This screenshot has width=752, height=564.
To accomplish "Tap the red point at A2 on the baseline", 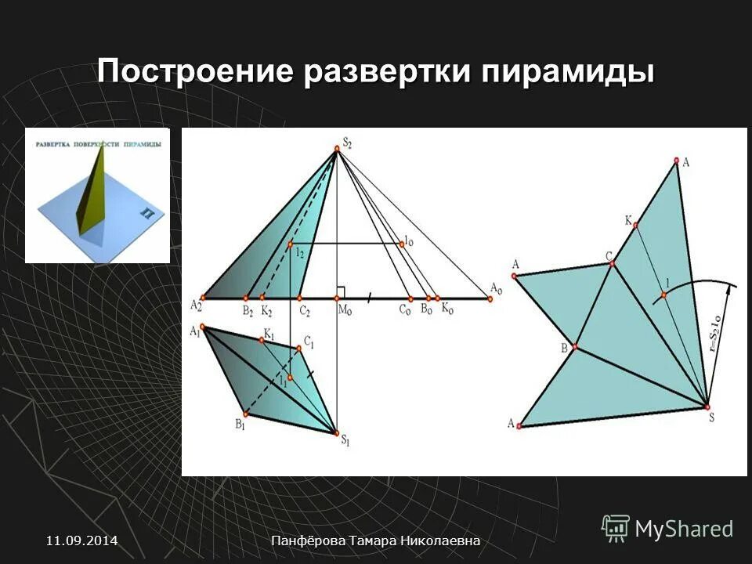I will click(203, 298).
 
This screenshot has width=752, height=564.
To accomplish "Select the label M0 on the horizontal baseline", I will click(344, 311).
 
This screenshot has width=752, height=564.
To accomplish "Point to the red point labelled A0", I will click(490, 298).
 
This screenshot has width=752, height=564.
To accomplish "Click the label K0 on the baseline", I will click(446, 310).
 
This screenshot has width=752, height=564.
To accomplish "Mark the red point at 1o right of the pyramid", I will click(401, 244).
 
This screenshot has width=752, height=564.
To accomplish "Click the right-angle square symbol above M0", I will click(341, 291).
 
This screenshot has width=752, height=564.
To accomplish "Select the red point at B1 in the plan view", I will click(244, 414).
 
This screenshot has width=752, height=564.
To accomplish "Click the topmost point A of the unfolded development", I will click(676, 162).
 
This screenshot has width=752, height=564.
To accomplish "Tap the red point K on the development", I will click(635, 226).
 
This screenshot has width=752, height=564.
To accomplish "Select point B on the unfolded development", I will click(575, 347).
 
